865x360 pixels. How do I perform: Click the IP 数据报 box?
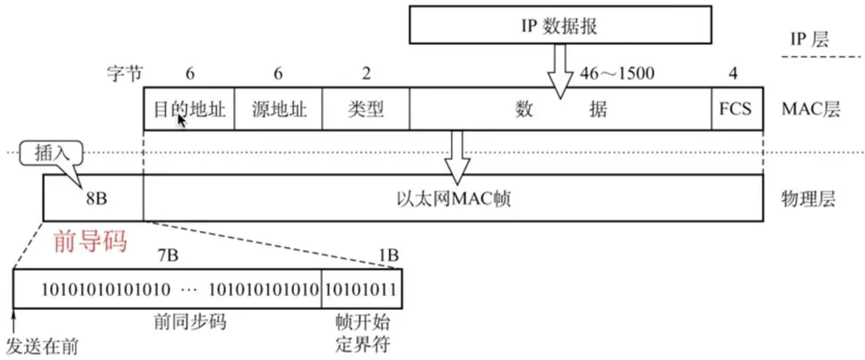560,25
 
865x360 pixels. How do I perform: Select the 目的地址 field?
189,109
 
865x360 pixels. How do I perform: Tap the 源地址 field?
278,109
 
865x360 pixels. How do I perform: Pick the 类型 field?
366,109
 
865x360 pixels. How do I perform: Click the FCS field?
736,109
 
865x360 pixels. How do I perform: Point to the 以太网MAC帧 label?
453,199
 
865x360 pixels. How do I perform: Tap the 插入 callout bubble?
51,153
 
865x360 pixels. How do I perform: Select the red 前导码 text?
90,241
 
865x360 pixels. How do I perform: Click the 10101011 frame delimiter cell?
361,289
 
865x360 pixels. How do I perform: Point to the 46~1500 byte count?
617,74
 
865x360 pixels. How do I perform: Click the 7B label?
168,255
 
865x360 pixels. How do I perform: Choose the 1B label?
389,255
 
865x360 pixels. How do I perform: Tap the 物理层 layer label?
808,199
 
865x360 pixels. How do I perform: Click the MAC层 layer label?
810,109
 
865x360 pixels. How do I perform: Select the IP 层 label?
809,39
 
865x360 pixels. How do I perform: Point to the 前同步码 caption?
190,322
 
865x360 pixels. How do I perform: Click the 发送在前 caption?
42,347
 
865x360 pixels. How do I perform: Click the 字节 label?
124,74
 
